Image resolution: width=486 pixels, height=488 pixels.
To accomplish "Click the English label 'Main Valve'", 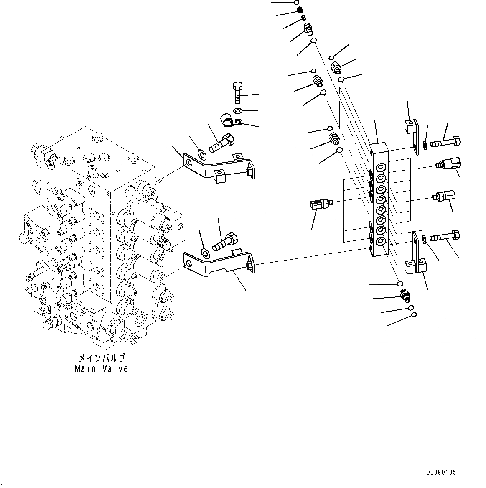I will (102, 368).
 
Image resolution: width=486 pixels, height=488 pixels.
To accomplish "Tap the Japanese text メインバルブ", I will (102, 359).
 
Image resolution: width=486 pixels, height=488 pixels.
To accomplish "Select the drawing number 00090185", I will (441, 472).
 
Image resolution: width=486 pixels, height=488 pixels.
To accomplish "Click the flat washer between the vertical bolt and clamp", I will (237, 111).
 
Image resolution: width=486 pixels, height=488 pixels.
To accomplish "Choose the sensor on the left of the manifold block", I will (320, 204).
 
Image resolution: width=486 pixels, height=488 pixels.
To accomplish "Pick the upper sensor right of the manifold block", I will (449, 163).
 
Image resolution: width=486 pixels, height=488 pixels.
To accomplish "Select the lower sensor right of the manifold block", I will (445, 195).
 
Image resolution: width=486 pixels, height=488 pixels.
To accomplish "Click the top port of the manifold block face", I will (381, 168).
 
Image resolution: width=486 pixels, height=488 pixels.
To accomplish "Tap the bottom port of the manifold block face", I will (381, 240).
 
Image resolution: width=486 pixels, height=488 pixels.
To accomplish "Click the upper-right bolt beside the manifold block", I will (446, 142).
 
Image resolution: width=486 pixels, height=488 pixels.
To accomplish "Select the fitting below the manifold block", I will (405, 296).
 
